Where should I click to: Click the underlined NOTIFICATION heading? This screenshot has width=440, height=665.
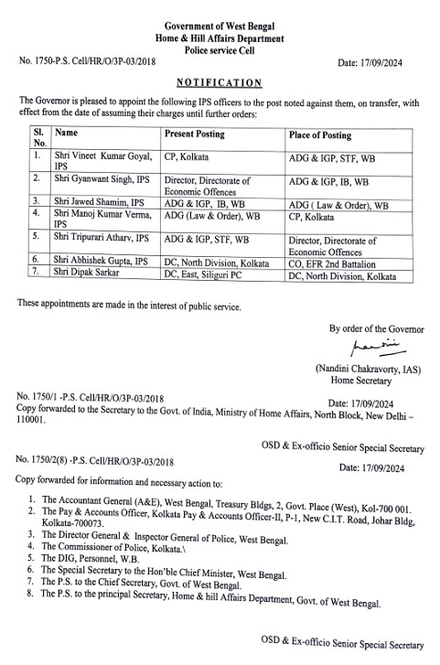[x=219, y=82]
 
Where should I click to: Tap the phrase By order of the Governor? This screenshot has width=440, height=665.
[x=378, y=329]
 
